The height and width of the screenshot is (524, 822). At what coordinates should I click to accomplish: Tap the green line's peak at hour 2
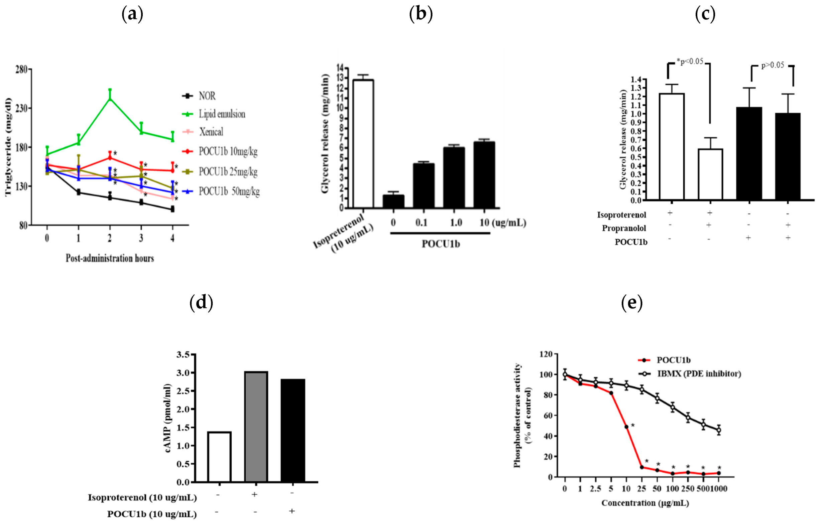(110, 98)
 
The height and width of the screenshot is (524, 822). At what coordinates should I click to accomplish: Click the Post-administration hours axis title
(110, 258)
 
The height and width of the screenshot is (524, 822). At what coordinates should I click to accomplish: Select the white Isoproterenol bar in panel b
(364, 143)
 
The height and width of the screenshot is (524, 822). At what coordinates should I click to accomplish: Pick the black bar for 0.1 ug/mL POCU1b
(424, 186)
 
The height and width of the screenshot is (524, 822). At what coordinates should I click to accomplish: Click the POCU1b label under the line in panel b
(440, 244)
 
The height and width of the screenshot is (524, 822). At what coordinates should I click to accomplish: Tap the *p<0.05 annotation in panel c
(690, 61)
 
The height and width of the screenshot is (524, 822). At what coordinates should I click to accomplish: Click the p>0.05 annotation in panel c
(773, 65)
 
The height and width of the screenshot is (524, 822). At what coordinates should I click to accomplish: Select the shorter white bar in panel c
(710, 174)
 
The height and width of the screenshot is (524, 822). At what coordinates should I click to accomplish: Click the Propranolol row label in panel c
(624, 228)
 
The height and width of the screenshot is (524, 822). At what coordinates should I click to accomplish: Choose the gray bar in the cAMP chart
(256, 426)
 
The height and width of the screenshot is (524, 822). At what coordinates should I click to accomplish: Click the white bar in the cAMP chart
(219, 457)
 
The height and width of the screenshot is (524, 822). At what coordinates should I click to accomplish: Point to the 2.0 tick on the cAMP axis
(183, 409)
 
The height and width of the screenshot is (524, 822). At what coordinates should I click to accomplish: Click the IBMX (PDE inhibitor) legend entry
(699, 374)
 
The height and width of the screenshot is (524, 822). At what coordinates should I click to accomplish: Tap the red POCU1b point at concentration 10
(626, 427)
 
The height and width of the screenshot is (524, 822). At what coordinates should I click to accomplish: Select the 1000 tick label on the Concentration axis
(719, 489)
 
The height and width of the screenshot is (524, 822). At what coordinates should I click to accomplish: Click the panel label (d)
(201, 302)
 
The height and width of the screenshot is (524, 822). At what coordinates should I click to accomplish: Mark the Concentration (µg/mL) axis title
(645, 503)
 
